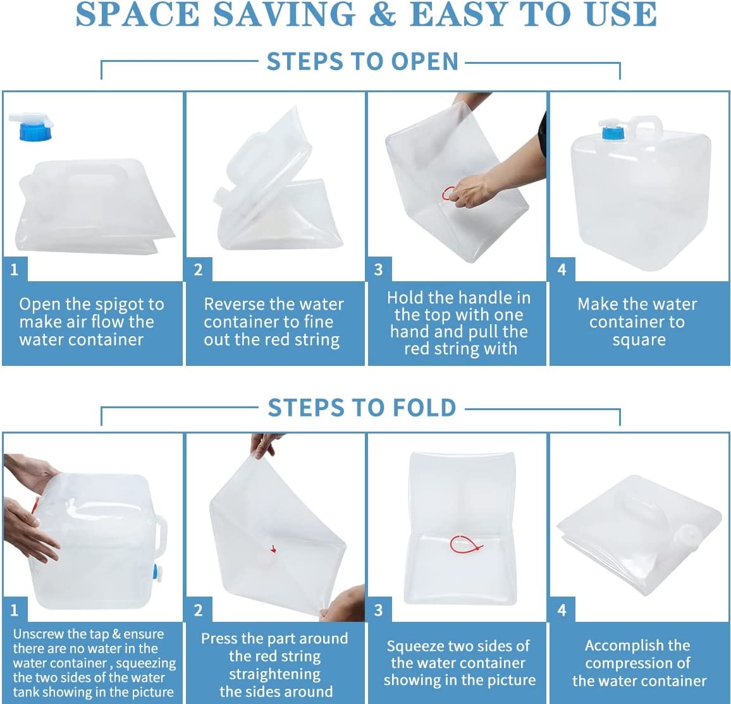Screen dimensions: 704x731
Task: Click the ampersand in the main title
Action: (x=382, y=15)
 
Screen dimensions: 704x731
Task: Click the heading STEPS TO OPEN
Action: (x=362, y=62)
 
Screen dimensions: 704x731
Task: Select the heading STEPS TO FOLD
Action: (x=362, y=408)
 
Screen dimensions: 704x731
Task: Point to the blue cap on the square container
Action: (x=611, y=132)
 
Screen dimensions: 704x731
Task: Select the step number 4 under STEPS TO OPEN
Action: (x=562, y=270)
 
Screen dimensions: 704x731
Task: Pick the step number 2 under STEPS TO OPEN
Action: (x=198, y=270)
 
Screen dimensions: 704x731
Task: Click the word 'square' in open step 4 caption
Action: (x=639, y=340)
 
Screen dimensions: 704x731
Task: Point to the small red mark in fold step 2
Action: (x=273, y=549)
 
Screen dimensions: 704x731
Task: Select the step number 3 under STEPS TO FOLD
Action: (x=378, y=610)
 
